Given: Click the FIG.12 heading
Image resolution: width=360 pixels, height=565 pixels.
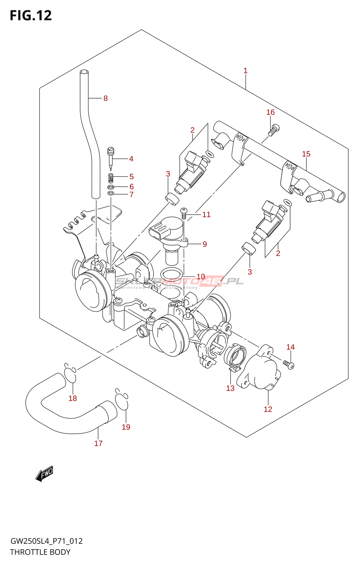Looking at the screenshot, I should coord(31,16).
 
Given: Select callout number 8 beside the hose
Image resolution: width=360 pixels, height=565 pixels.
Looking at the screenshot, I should coord(105,99).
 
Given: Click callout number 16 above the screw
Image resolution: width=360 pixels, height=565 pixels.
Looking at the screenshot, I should coord(270,112).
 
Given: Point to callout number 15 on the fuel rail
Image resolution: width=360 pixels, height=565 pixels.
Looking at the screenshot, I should coord(306,154).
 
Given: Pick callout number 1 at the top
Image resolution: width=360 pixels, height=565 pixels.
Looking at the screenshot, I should coord(245,71).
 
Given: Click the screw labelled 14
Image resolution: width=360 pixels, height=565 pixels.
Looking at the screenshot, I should coord(289,364).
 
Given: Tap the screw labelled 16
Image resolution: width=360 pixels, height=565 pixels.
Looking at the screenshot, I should coord(273,130).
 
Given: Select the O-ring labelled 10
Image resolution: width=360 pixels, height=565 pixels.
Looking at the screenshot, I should coord(172,274).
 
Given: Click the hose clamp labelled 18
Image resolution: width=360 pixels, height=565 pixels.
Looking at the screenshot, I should coord(71,375).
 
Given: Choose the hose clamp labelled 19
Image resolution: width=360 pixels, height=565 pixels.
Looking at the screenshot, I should coord(122,400).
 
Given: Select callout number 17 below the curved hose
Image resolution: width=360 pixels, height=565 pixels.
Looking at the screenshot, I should coord(98,443).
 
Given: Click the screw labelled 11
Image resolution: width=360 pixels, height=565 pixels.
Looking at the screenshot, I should coord(184,213).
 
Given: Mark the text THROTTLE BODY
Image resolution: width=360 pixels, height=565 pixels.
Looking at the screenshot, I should coord(40,552).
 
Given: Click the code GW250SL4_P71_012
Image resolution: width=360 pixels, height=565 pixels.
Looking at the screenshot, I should coord(46,541).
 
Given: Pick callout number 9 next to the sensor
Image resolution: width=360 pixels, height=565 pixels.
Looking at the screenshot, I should coord(205,244).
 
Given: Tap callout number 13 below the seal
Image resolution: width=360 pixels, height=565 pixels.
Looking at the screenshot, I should coord(230,388).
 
